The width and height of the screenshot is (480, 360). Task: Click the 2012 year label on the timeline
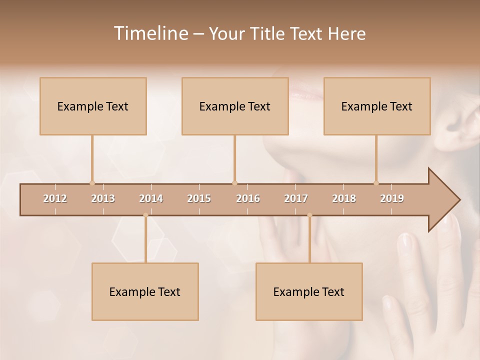click(55, 198)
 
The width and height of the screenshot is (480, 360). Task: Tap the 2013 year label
click(103, 198)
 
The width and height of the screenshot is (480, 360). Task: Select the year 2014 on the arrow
click(151, 198)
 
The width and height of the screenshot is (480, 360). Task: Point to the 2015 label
click(199, 198)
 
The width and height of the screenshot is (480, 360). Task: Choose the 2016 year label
click(248, 198)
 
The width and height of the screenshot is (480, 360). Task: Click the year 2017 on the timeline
click(296, 198)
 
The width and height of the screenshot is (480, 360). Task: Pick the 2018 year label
click(344, 198)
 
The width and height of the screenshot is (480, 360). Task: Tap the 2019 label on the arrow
click(392, 198)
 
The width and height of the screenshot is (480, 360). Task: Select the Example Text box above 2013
click(93, 106)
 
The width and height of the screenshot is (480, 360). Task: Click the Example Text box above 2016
click(235, 106)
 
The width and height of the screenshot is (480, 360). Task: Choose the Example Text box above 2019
click(377, 106)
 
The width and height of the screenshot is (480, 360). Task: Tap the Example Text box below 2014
click(145, 291)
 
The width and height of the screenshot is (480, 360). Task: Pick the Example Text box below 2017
click(309, 291)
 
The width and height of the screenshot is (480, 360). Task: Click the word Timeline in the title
click(150, 33)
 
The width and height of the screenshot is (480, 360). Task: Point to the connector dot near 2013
click(92, 183)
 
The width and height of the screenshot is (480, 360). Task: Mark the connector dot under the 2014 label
click(145, 215)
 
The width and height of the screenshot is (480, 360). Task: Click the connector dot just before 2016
click(234, 183)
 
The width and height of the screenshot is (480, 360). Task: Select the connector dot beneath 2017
click(309, 215)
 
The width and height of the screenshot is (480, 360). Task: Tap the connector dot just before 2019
click(376, 183)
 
